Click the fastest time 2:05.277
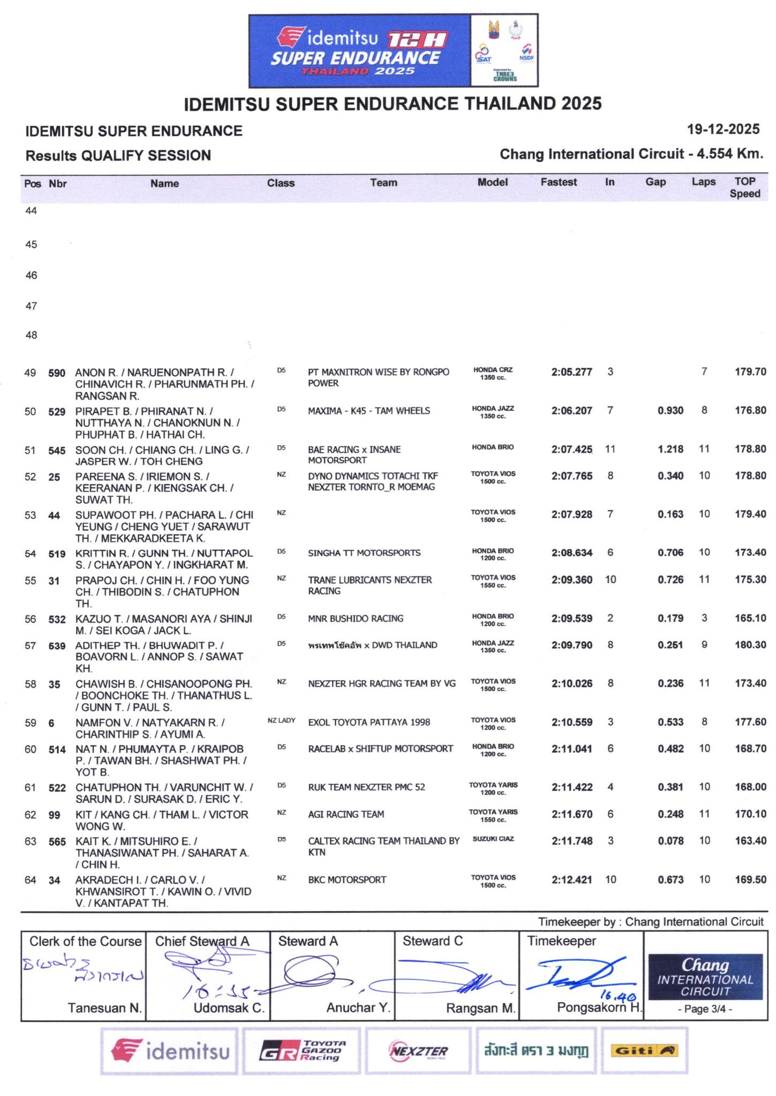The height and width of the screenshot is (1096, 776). tap(571, 372)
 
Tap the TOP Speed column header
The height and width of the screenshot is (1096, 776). tap(744, 187)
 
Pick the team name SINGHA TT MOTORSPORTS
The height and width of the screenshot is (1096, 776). tap(364, 553)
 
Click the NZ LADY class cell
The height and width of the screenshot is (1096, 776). tap(281, 720)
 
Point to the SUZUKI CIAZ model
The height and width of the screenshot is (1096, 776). tap(493, 839)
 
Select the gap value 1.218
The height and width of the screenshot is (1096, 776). tap(670, 449)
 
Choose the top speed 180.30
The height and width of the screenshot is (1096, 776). tap(750, 645)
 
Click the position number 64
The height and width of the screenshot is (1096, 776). tap(31, 880)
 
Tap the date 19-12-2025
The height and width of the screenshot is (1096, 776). tap(723, 129)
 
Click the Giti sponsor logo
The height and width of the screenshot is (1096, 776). tap(645, 1051)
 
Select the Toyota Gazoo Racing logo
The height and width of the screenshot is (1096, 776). tap(303, 1051)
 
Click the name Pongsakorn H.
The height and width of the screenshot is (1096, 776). tap(599, 1007)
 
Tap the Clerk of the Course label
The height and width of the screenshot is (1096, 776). tap(85, 941)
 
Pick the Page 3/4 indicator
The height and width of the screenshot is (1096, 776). tap(705, 1009)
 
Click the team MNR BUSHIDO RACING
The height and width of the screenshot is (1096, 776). tap(356, 618)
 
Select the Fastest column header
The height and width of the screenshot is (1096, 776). tap(559, 182)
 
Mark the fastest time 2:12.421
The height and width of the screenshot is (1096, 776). tap(572, 879)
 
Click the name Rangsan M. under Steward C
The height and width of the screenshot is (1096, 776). tap(480, 1008)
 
